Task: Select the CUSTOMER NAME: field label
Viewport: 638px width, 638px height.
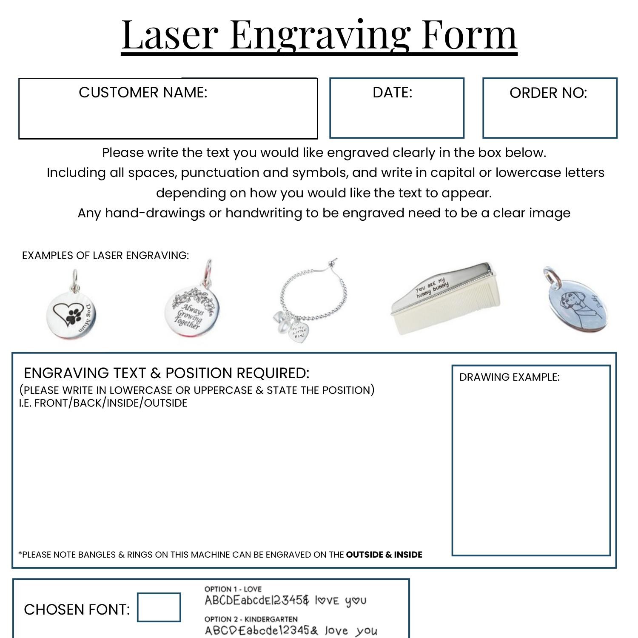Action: click(143, 92)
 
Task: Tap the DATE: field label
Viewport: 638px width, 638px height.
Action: click(392, 92)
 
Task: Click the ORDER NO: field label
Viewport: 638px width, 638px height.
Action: click(548, 93)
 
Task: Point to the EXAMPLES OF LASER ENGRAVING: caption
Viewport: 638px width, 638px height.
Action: click(105, 255)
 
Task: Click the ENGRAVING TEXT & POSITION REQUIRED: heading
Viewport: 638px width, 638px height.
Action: click(166, 373)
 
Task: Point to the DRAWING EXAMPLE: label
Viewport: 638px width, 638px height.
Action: click(509, 377)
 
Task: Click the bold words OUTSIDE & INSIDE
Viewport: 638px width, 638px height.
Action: click(384, 555)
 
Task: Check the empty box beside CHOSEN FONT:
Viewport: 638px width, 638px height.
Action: click(159, 607)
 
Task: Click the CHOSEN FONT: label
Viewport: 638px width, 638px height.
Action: click(77, 610)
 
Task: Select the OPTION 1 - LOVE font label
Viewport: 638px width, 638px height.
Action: click(233, 589)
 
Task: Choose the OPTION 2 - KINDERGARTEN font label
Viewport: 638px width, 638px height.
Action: click(251, 619)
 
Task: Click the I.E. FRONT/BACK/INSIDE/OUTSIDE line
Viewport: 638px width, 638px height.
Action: click(103, 403)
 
